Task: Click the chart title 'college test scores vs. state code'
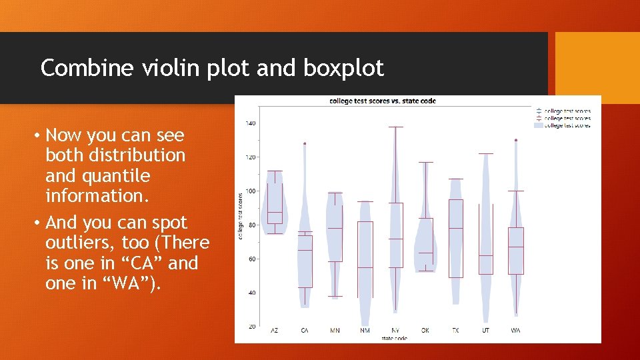pos(383,101)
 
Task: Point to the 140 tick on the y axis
pos(250,123)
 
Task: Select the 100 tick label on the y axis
pos(250,191)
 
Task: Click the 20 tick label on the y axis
pos(251,327)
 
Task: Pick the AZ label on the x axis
pos(275,331)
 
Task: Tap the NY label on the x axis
pos(395,331)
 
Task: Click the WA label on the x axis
pos(516,331)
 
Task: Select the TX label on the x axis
pos(455,331)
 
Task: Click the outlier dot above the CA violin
pos(305,143)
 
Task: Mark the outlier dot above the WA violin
pos(516,140)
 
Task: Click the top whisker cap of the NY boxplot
pos(395,127)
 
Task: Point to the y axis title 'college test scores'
pos(241,215)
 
